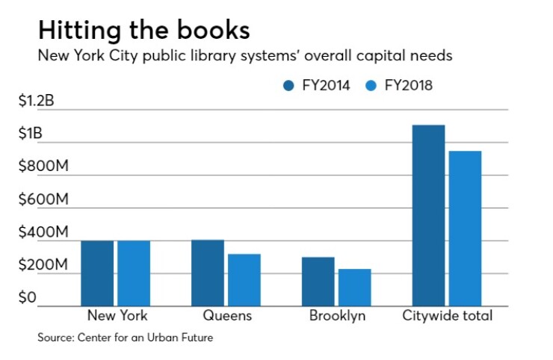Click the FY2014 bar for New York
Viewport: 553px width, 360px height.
97,273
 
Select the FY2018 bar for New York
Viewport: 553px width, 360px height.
134,273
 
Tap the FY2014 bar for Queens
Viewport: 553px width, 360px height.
208,273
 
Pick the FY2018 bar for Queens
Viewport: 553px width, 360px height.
244,280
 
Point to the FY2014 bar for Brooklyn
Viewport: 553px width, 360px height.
318,282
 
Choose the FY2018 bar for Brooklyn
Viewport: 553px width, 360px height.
355,288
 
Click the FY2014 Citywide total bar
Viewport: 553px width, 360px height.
429,216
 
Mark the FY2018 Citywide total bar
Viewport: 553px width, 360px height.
465,229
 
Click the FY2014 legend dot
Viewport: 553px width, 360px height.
288,86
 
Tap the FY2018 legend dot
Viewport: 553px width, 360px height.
371,86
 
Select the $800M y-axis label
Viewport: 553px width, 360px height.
44,167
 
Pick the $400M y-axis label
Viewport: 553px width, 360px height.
44,233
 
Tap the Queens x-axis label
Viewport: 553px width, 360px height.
227,316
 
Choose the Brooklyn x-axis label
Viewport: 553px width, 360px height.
337,316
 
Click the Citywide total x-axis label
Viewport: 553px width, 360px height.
448,316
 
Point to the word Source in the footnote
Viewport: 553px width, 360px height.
56,338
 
